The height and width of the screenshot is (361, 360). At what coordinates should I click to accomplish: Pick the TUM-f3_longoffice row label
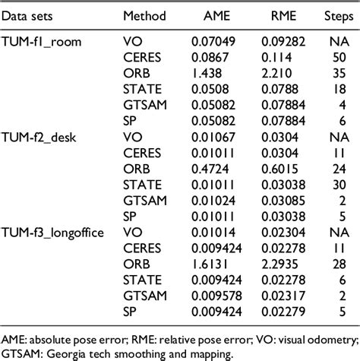point(57,236)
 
